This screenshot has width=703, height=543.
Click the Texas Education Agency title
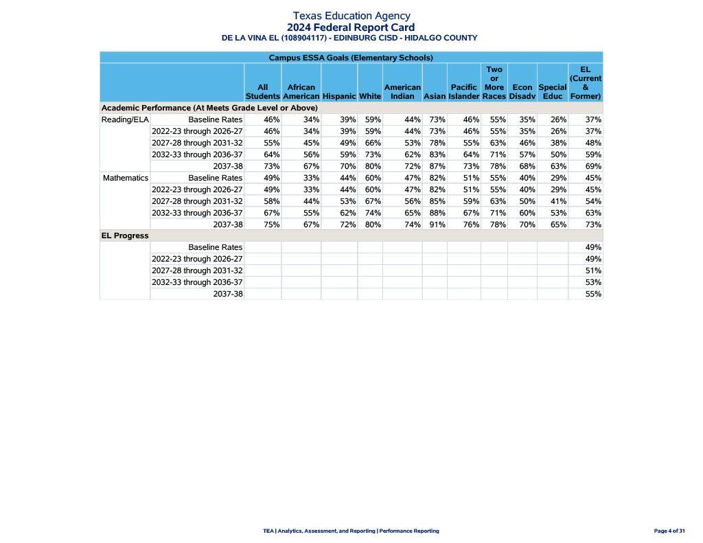point(351,16)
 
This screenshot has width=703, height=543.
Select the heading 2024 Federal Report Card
point(351,27)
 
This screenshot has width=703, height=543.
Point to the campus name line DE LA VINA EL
point(349,38)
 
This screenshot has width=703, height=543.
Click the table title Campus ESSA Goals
point(351,58)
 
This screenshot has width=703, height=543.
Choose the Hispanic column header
point(339,97)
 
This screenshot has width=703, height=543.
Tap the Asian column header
point(435,97)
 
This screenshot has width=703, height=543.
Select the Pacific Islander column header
point(464,92)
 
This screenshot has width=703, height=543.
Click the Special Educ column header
point(553,92)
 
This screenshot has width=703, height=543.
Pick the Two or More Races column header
point(494,83)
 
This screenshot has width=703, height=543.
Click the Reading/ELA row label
point(125,119)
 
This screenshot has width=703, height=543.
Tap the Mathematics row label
point(126,178)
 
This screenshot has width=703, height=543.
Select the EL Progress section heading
point(125,235)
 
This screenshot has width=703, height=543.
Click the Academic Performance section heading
point(209,108)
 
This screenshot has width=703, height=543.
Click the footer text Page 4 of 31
point(669,531)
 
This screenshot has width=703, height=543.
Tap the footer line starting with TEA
point(351,531)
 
